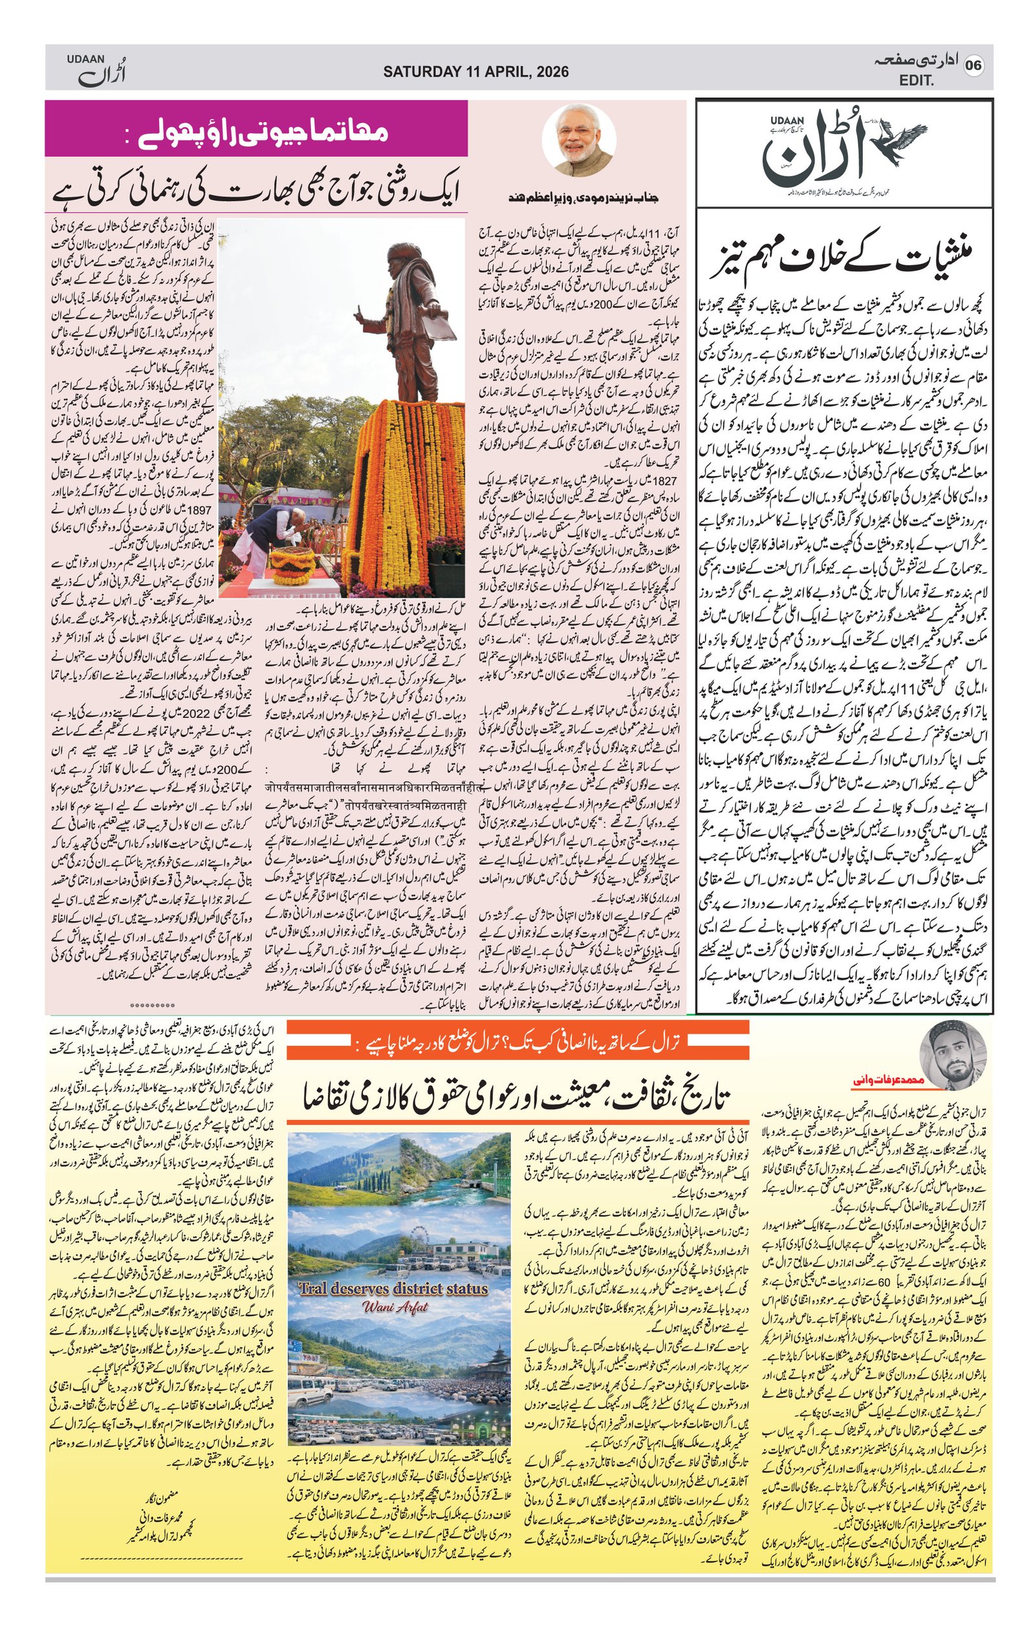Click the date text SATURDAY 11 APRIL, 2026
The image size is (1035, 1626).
[x=475, y=72]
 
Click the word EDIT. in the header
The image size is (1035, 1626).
[x=916, y=81]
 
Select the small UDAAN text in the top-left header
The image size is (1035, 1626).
[x=86, y=60]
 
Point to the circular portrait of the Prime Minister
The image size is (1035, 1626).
[x=578, y=140]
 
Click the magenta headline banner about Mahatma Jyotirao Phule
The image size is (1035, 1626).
[x=256, y=129]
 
